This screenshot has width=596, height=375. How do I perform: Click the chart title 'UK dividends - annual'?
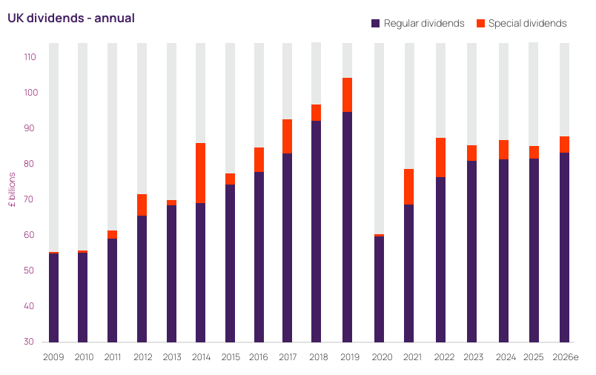tap(71, 18)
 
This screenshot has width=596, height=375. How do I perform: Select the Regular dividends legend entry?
tap(418, 24)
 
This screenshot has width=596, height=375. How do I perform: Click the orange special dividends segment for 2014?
tap(201, 173)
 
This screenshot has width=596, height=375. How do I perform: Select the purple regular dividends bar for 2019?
tap(347, 227)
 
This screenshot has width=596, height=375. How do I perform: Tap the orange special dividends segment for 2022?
tap(440, 157)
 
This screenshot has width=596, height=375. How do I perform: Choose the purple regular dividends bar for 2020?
tap(379, 289)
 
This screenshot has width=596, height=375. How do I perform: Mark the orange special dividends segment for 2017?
tap(287, 136)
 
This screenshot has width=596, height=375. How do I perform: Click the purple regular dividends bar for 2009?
tap(53, 297)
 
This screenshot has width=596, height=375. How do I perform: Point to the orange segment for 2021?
tap(408, 187)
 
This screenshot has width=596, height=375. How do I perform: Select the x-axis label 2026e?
tap(566, 357)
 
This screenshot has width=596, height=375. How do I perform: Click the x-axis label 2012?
tap(142, 357)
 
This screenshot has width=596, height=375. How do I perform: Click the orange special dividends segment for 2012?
tap(142, 205)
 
